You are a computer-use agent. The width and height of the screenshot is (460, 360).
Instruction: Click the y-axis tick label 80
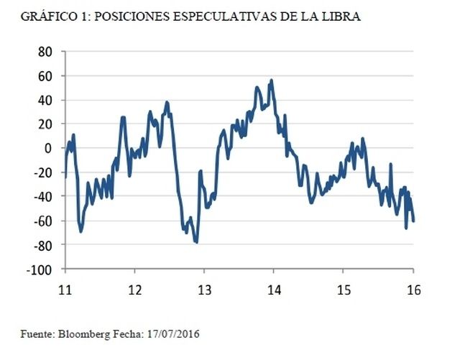pos(46,52)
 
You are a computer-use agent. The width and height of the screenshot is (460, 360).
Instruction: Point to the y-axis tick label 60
pos(46,76)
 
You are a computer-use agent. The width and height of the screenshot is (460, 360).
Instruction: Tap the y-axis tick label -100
pos(40,269)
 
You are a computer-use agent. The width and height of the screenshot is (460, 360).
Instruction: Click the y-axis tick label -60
pos(43,221)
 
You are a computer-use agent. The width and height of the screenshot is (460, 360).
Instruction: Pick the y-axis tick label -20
pos(43,172)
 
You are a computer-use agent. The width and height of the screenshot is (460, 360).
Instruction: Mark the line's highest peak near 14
pos(271,80)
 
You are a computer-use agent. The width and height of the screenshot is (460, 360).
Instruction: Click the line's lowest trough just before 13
pos(196,242)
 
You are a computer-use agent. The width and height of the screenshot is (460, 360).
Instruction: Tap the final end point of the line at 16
pos(413,221)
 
